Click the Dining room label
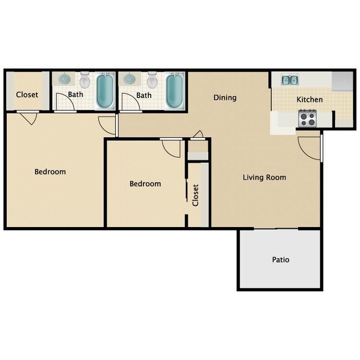225,97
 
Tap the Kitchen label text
310,100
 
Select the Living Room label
264,177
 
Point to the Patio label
280,259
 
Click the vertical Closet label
196,195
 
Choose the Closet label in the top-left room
27,94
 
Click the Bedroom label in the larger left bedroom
50,172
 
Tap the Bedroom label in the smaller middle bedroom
145,184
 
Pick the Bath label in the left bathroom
76,95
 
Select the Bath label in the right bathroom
144,95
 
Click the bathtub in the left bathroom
104,90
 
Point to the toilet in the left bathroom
85,81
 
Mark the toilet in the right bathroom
153,81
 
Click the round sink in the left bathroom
64,79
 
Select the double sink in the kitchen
289,80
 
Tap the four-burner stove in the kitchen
307,118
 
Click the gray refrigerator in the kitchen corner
341,81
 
